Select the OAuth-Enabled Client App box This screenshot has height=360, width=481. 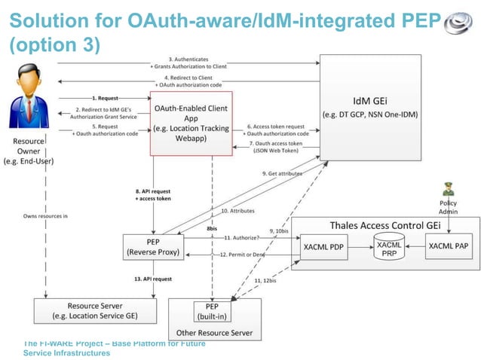click(191, 123)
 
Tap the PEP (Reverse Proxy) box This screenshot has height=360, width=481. click(153, 246)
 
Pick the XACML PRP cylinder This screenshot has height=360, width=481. click(388, 246)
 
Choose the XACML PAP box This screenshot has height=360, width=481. click(451, 246)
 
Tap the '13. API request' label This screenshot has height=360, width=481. click(153, 279)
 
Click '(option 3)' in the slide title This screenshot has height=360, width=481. click(54, 45)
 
